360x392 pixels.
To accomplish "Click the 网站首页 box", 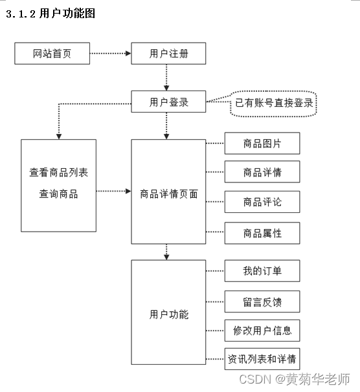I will (52, 54).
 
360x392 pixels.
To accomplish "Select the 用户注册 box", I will (168, 54).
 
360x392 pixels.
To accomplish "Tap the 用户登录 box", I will (168, 102).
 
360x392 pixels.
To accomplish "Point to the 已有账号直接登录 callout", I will (274, 103).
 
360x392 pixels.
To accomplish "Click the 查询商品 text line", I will (58, 193).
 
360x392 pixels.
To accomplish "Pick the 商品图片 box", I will (262, 143).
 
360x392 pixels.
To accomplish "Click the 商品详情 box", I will (262, 172).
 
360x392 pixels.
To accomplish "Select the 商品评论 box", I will (262, 202).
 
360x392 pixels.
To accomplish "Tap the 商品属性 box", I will (262, 233).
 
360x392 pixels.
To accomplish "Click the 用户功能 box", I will (168, 315).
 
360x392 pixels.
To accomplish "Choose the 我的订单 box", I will (262, 270).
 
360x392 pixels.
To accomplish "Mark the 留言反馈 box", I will (262, 301).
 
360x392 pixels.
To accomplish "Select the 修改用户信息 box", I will (262, 331).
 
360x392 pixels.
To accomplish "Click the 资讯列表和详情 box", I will (262, 358).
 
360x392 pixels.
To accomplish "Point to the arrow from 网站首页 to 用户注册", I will (110, 54).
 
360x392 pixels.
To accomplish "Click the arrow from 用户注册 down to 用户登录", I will (167, 78).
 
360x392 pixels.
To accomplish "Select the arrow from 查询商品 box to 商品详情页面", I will (113, 191).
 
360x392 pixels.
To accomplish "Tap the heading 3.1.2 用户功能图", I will (51, 14).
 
